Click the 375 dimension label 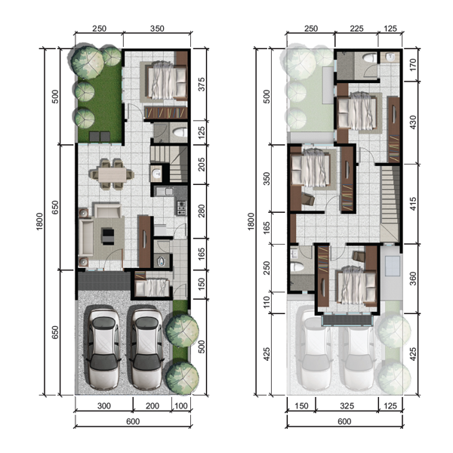pyautogui.click(x=202, y=85)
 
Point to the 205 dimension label pyautogui.click(x=202, y=165)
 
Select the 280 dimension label pyautogui.click(x=202, y=211)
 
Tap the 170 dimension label pyautogui.click(x=413, y=65)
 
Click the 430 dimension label pyautogui.click(x=413, y=122)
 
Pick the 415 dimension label pyautogui.click(x=413, y=204)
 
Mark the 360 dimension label pyautogui.click(x=413, y=279)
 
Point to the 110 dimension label pyautogui.click(x=267, y=302)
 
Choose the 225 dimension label pyautogui.click(x=356, y=29)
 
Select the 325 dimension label pyautogui.click(x=347, y=406)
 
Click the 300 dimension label pyautogui.click(x=103, y=406)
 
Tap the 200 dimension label pyautogui.click(x=153, y=406)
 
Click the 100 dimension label pyautogui.click(x=181, y=406)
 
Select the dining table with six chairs pyautogui.click(x=112, y=174)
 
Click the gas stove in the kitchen pyautogui.click(x=182, y=208)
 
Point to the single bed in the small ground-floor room pyautogui.click(x=152, y=287)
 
